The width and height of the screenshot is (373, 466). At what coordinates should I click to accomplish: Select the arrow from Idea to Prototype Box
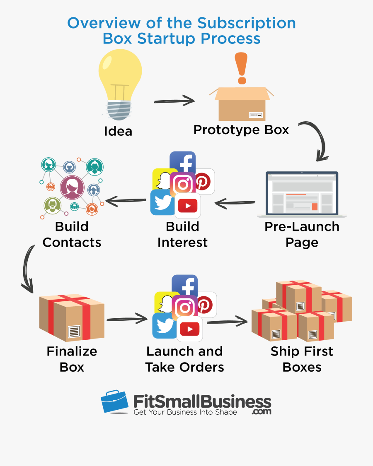pyautogui.click(x=174, y=101)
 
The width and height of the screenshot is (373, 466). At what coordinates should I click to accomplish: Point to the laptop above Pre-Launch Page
pyautogui.click(x=302, y=194)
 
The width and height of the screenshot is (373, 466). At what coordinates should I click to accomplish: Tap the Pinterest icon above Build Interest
pyautogui.click(x=204, y=181)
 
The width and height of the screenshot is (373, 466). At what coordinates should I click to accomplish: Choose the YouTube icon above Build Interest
pyautogui.click(x=188, y=205)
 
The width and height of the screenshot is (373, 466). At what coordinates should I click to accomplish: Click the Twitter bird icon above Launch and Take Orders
pyautogui.click(x=165, y=325)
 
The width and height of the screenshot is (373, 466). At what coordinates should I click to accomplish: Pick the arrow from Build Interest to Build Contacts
pyautogui.click(x=126, y=201)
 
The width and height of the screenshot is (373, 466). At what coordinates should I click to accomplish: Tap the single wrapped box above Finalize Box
pyautogui.click(x=71, y=317)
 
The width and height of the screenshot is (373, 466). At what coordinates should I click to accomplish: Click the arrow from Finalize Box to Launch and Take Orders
pyautogui.click(x=127, y=319)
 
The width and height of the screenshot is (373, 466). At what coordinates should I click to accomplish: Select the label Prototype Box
pyautogui.click(x=241, y=130)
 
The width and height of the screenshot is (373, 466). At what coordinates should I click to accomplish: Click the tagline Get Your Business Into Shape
pyautogui.click(x=185, y=412)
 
